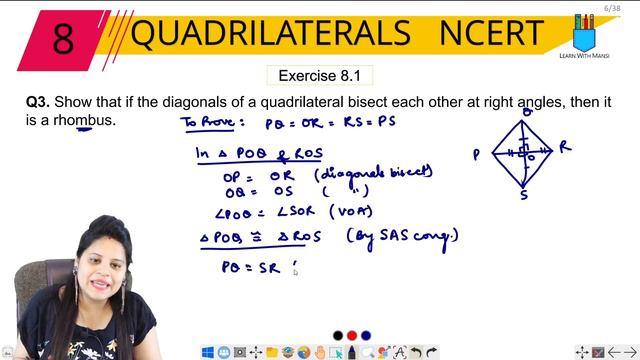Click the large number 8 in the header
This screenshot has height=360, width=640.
click(x=62, y=37)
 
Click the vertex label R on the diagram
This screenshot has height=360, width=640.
click(x=565, y=148)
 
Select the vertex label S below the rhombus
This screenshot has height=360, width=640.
click(x=523, y=196)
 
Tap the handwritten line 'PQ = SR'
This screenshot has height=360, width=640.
click(x=254, y=267)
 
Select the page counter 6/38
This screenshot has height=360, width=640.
click(x=612, y=8)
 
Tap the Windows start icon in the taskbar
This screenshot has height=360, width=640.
click(x=209, y=352)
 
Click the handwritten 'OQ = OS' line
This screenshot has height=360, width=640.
click(x=254, y=191)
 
